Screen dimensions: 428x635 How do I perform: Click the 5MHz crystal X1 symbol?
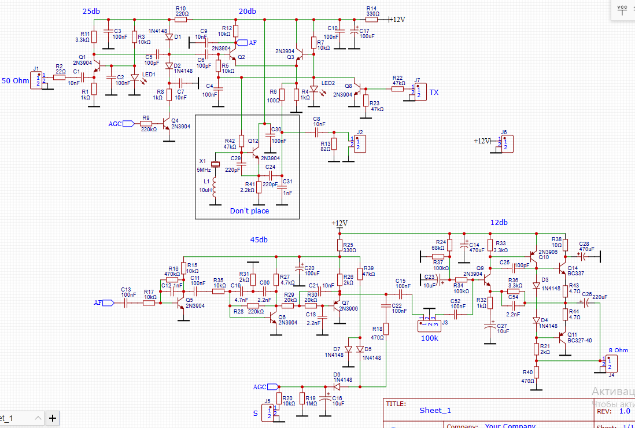(215, 165)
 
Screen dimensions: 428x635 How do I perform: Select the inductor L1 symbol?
(215, 186)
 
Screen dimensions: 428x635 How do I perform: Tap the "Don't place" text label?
(249, 211)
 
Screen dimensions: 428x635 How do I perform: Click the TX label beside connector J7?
(433, 92)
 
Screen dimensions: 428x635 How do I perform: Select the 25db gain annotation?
(91, 12)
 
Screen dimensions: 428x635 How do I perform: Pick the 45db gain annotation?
(258, 240)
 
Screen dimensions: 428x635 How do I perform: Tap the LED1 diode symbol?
(134, 77)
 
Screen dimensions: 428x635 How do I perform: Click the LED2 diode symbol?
(313, 89)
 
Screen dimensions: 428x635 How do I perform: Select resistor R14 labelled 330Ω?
(371, 19)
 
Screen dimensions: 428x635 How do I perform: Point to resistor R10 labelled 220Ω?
(182, 19)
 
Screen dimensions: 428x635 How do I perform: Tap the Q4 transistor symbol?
(167, 123)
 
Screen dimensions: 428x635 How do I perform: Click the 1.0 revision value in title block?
(625, 411)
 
